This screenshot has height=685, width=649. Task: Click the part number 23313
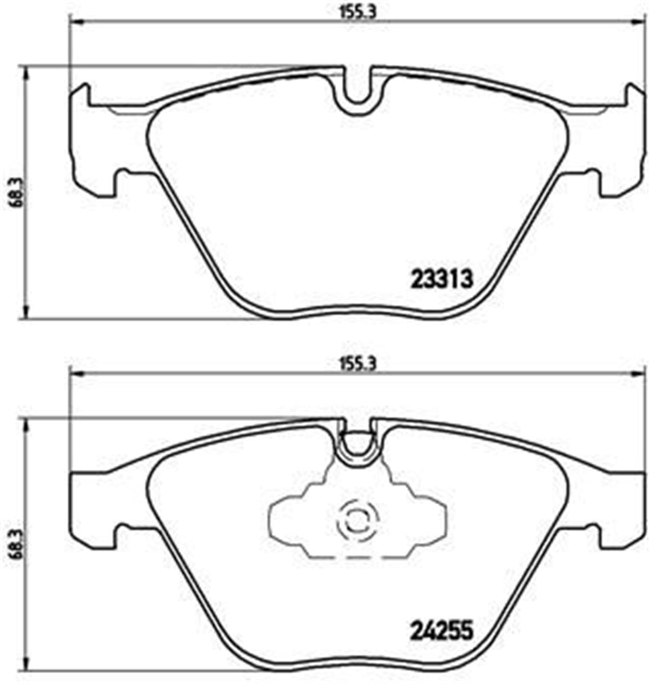click(442, 280)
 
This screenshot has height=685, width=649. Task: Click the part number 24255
click(442, 630)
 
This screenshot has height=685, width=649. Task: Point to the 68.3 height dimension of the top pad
click(12, 193)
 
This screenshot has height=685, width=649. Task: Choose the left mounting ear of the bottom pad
click(92, 506)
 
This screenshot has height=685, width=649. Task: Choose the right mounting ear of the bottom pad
click(622, 506)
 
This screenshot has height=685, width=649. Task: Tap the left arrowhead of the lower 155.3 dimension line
click(75, 373)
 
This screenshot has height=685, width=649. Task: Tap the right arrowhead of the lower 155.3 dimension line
click(640, 373)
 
